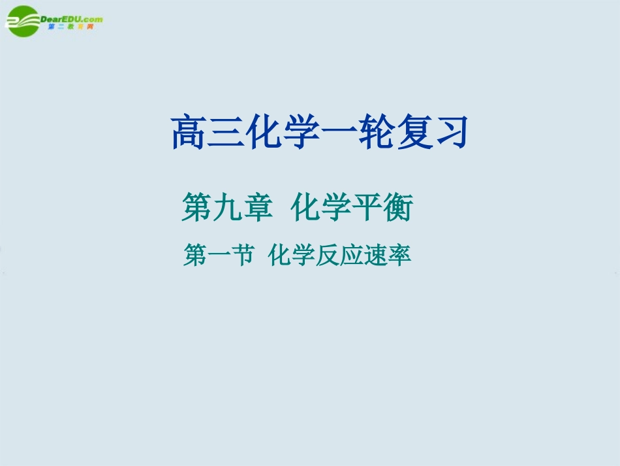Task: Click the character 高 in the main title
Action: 188,133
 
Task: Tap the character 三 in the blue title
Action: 225,133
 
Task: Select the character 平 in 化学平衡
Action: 369,210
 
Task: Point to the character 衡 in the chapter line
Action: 398,210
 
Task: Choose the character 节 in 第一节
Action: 241,256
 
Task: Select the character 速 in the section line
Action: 377,256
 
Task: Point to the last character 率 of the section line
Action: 400,256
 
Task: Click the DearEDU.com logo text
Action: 71,19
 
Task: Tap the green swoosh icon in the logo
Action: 22,20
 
